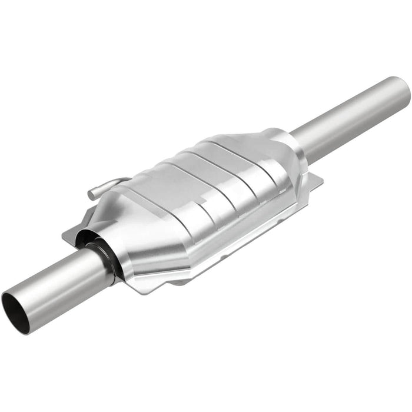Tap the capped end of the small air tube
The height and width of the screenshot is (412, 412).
92,193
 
